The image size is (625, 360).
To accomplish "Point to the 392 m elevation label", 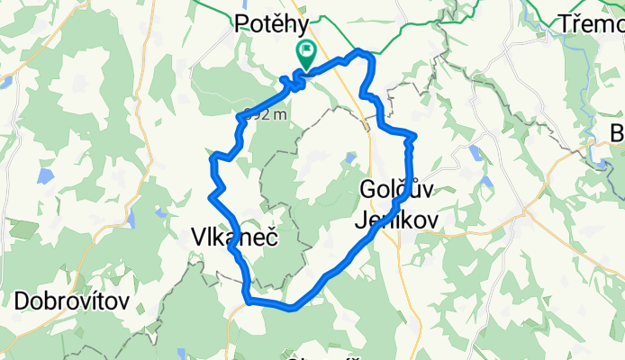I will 266,114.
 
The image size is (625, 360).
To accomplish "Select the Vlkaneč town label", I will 233,237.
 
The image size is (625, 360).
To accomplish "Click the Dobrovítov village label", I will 72,300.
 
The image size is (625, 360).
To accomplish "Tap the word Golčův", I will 396,189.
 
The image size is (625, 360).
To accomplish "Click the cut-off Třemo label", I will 590,24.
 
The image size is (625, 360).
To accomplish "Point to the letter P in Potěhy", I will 242,23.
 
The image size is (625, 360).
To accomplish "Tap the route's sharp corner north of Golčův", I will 412,137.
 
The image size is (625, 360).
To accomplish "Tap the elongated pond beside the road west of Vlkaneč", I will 132,219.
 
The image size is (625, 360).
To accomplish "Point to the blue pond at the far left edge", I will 5,81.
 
